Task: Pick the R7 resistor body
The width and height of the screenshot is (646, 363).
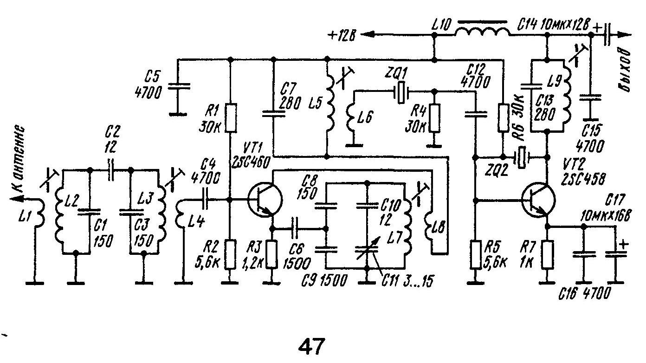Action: coord(548,254)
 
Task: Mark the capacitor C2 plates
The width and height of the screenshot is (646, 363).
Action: coord(111,169)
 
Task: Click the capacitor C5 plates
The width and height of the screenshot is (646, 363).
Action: coord(178,86)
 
